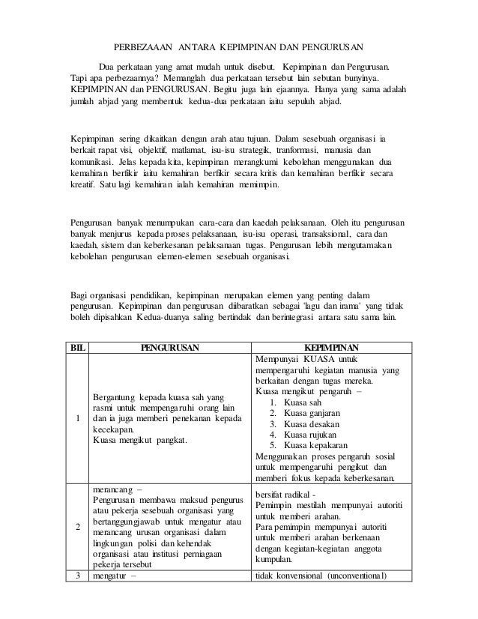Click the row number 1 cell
click(x=78, y=418)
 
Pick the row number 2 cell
click(x=78, y=527)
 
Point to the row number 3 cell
click(x=78, y=576)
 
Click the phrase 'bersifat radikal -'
click(x=288, y=495)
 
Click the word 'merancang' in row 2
click(x=111, y=489)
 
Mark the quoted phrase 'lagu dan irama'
click(x=333, y=304)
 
